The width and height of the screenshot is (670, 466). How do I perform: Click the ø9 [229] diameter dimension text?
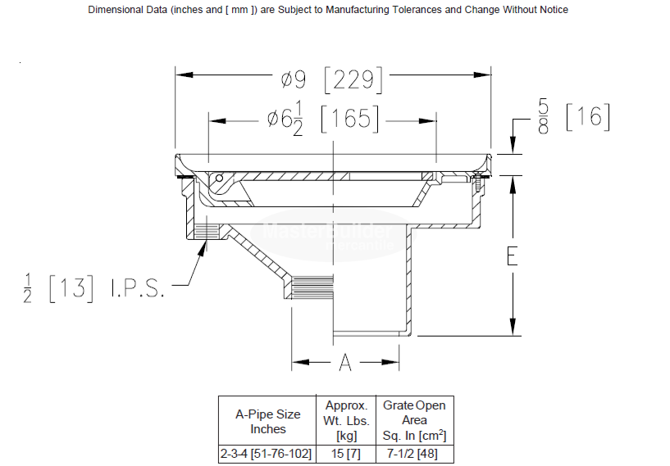tap(332, 79)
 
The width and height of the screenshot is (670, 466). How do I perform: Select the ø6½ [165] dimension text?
tap(322, 120)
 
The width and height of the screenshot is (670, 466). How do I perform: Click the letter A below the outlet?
tap(345, 362)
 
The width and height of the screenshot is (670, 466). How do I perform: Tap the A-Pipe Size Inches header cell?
tap(267, 421)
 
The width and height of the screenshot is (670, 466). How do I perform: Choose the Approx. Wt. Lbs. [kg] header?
tap(346, 420)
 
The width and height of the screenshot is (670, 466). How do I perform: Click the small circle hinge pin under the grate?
tap(219, 179)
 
